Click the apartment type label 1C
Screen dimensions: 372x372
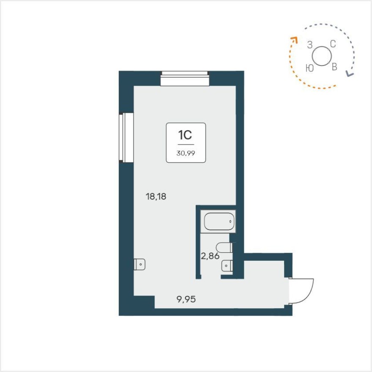(186, 135)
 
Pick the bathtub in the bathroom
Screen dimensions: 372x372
(219, 222)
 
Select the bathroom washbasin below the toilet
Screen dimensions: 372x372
(227, 266)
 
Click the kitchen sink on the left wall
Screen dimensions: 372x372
(139, 265)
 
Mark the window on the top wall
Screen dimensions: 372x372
(185, 79)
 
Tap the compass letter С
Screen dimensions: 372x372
(333, 44)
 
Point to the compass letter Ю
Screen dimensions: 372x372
(309, 68)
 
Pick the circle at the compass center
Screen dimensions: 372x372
(321, 56)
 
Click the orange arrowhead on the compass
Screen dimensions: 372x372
(293, 39)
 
